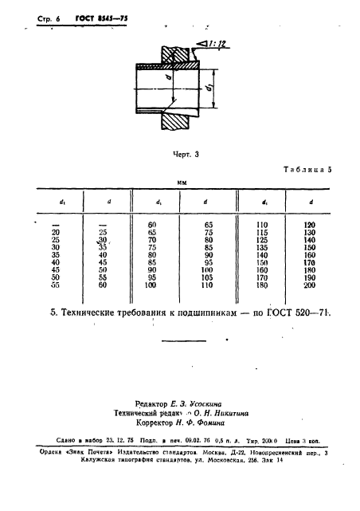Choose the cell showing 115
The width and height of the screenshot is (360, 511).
pos(261,233)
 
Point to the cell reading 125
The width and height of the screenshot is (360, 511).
pos(261,240)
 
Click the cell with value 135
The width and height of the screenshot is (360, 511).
pos(261,247)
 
